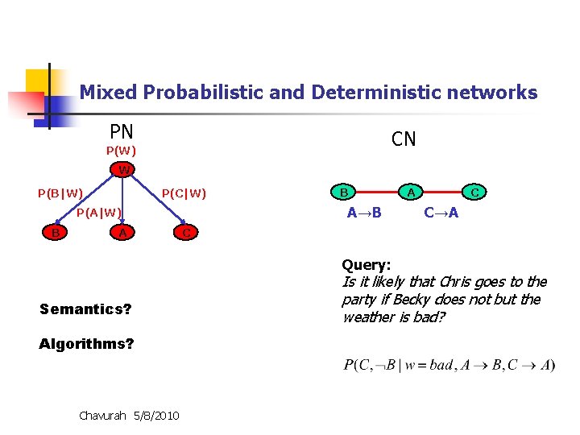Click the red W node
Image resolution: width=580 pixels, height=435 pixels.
click(x=122, y=171)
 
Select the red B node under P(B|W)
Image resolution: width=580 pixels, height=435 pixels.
click(x=54, y=233)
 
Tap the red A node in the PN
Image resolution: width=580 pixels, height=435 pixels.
click(x=122, y=233)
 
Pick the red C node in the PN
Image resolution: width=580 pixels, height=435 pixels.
click(x=186, y=233)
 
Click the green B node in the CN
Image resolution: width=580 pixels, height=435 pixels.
click(x=344, y=193)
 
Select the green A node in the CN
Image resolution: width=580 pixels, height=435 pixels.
click(x=411, y=193)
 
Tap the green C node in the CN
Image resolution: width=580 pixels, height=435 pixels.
click(x=475, y=193)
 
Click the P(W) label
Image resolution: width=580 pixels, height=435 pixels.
click(x=121, y=151)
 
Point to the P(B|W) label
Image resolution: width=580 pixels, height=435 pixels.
click(x=60, y=193)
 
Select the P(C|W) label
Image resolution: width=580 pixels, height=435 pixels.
click(x=184, y=193)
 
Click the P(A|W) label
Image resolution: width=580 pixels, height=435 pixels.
click(x=98, y=213)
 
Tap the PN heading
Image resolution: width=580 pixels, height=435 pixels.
click(x=122, y=131)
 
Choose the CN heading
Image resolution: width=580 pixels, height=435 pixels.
click(x=404, y=139)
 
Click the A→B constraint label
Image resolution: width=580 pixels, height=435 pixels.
click(x=364, y=213)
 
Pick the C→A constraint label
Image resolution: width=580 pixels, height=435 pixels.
click(x=441, y=213)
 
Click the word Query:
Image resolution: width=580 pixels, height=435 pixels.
click(x=367, y=264)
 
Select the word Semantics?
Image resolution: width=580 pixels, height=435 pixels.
click(x=85, y=309)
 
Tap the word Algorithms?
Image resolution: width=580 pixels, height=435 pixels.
click(x=86, y=344)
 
